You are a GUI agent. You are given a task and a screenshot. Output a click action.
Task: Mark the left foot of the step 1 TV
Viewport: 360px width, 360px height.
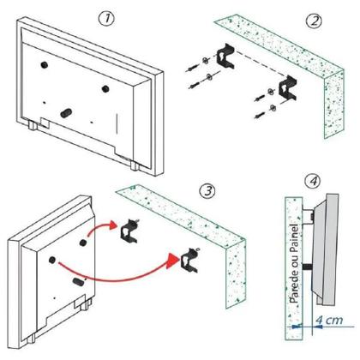coord(32,126)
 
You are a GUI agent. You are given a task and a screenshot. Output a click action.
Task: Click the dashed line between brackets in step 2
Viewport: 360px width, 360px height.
coord(257,73)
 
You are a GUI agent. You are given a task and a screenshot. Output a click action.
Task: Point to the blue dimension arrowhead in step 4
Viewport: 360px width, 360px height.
coord(295,327)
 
